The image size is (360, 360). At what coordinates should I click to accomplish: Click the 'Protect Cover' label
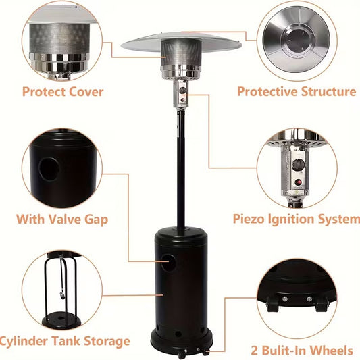(63, 91)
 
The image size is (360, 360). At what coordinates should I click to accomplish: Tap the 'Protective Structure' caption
(297, 91)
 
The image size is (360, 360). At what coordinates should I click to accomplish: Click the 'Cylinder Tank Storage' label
(64, 341)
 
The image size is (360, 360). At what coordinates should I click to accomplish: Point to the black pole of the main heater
(180, 169)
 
